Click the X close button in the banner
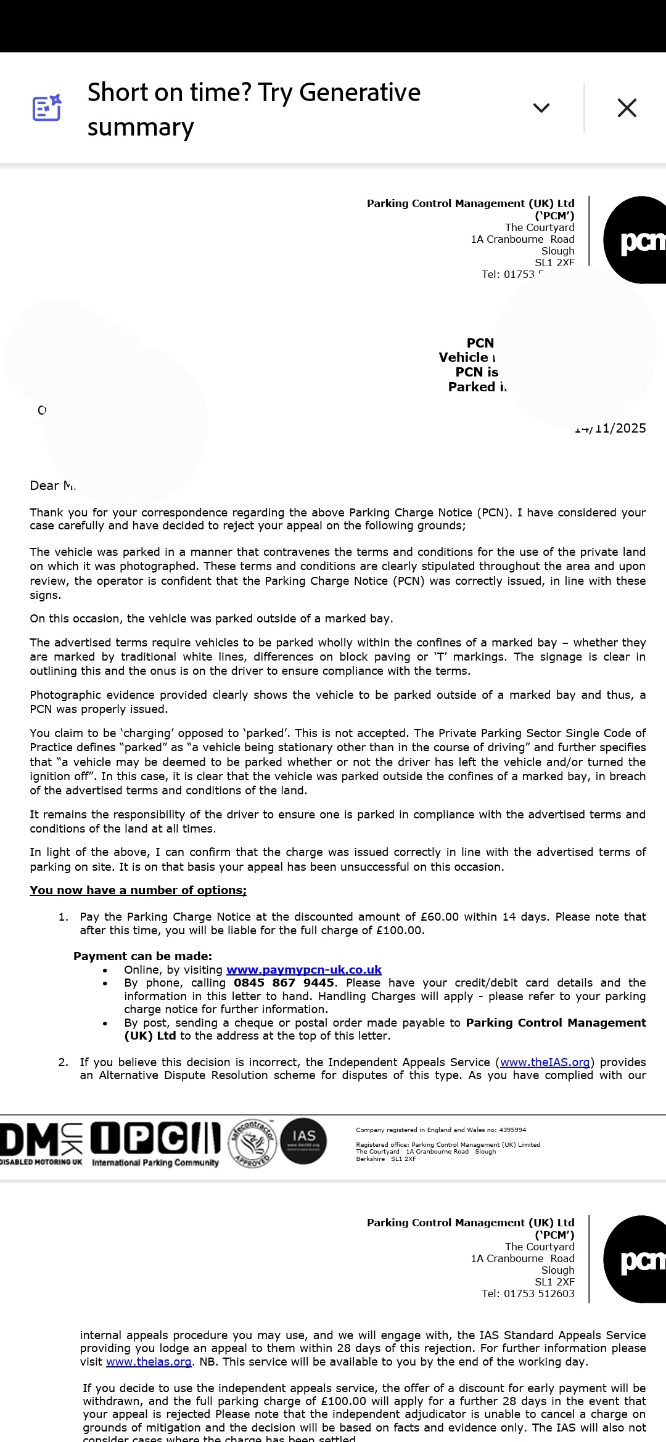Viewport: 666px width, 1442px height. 627,108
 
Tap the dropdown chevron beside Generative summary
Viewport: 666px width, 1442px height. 541,108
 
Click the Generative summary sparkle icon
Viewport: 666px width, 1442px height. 47,108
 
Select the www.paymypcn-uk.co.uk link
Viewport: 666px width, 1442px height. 303,969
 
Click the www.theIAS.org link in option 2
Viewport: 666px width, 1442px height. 545,1062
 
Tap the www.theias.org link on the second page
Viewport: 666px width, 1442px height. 149,1361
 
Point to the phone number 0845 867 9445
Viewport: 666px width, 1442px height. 284,982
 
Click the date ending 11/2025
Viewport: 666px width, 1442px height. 613,428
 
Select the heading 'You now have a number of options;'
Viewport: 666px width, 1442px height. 138,890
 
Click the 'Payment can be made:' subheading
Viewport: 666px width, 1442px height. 142,956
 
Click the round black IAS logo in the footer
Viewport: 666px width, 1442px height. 303,1141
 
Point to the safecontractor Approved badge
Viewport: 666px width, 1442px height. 252,1142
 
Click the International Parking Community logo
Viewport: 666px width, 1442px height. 155,1144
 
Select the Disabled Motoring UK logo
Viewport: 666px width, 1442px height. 41,1144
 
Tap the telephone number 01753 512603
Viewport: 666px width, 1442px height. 538,1293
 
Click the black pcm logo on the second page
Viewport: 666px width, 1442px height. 635,1259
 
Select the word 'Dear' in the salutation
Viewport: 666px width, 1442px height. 44,486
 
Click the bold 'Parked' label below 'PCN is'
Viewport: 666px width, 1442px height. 472,387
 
